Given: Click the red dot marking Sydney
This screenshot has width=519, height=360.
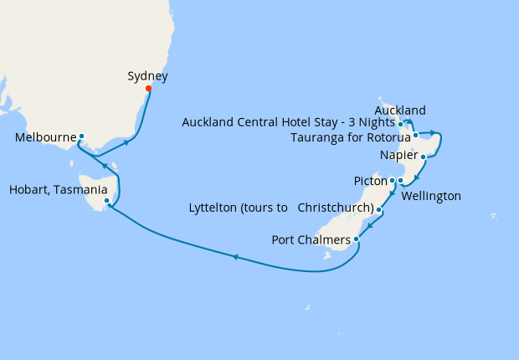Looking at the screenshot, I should [148, 89].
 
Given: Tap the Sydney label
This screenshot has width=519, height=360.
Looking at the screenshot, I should [147, 76].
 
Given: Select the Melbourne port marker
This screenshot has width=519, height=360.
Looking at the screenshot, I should [81, 136].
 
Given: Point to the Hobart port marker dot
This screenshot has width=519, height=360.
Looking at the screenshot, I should [106, 201].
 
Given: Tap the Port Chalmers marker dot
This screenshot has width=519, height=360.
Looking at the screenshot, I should [357, 239].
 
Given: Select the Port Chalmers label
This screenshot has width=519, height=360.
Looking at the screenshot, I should [311, 240].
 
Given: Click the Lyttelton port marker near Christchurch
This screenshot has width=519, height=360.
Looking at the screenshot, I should [379, 210].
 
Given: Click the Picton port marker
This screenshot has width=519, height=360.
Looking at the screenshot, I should [392, 180].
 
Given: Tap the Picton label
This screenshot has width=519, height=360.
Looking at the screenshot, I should [369, 181].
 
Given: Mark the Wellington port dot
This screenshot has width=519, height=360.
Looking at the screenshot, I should [400, 181].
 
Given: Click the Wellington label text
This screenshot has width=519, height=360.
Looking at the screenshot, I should [431, 196].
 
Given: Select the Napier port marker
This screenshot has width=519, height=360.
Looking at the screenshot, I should [424, 157].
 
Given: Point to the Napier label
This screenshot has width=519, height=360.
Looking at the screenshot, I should [398, 156].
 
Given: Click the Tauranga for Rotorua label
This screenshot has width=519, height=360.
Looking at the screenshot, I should [349, 137].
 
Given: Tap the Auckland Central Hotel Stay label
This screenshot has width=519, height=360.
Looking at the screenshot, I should [289, 123].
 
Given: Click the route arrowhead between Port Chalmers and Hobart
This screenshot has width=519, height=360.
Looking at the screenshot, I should [235, 257].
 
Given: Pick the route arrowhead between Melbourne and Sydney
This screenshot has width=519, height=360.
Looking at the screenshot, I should [126, 142].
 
